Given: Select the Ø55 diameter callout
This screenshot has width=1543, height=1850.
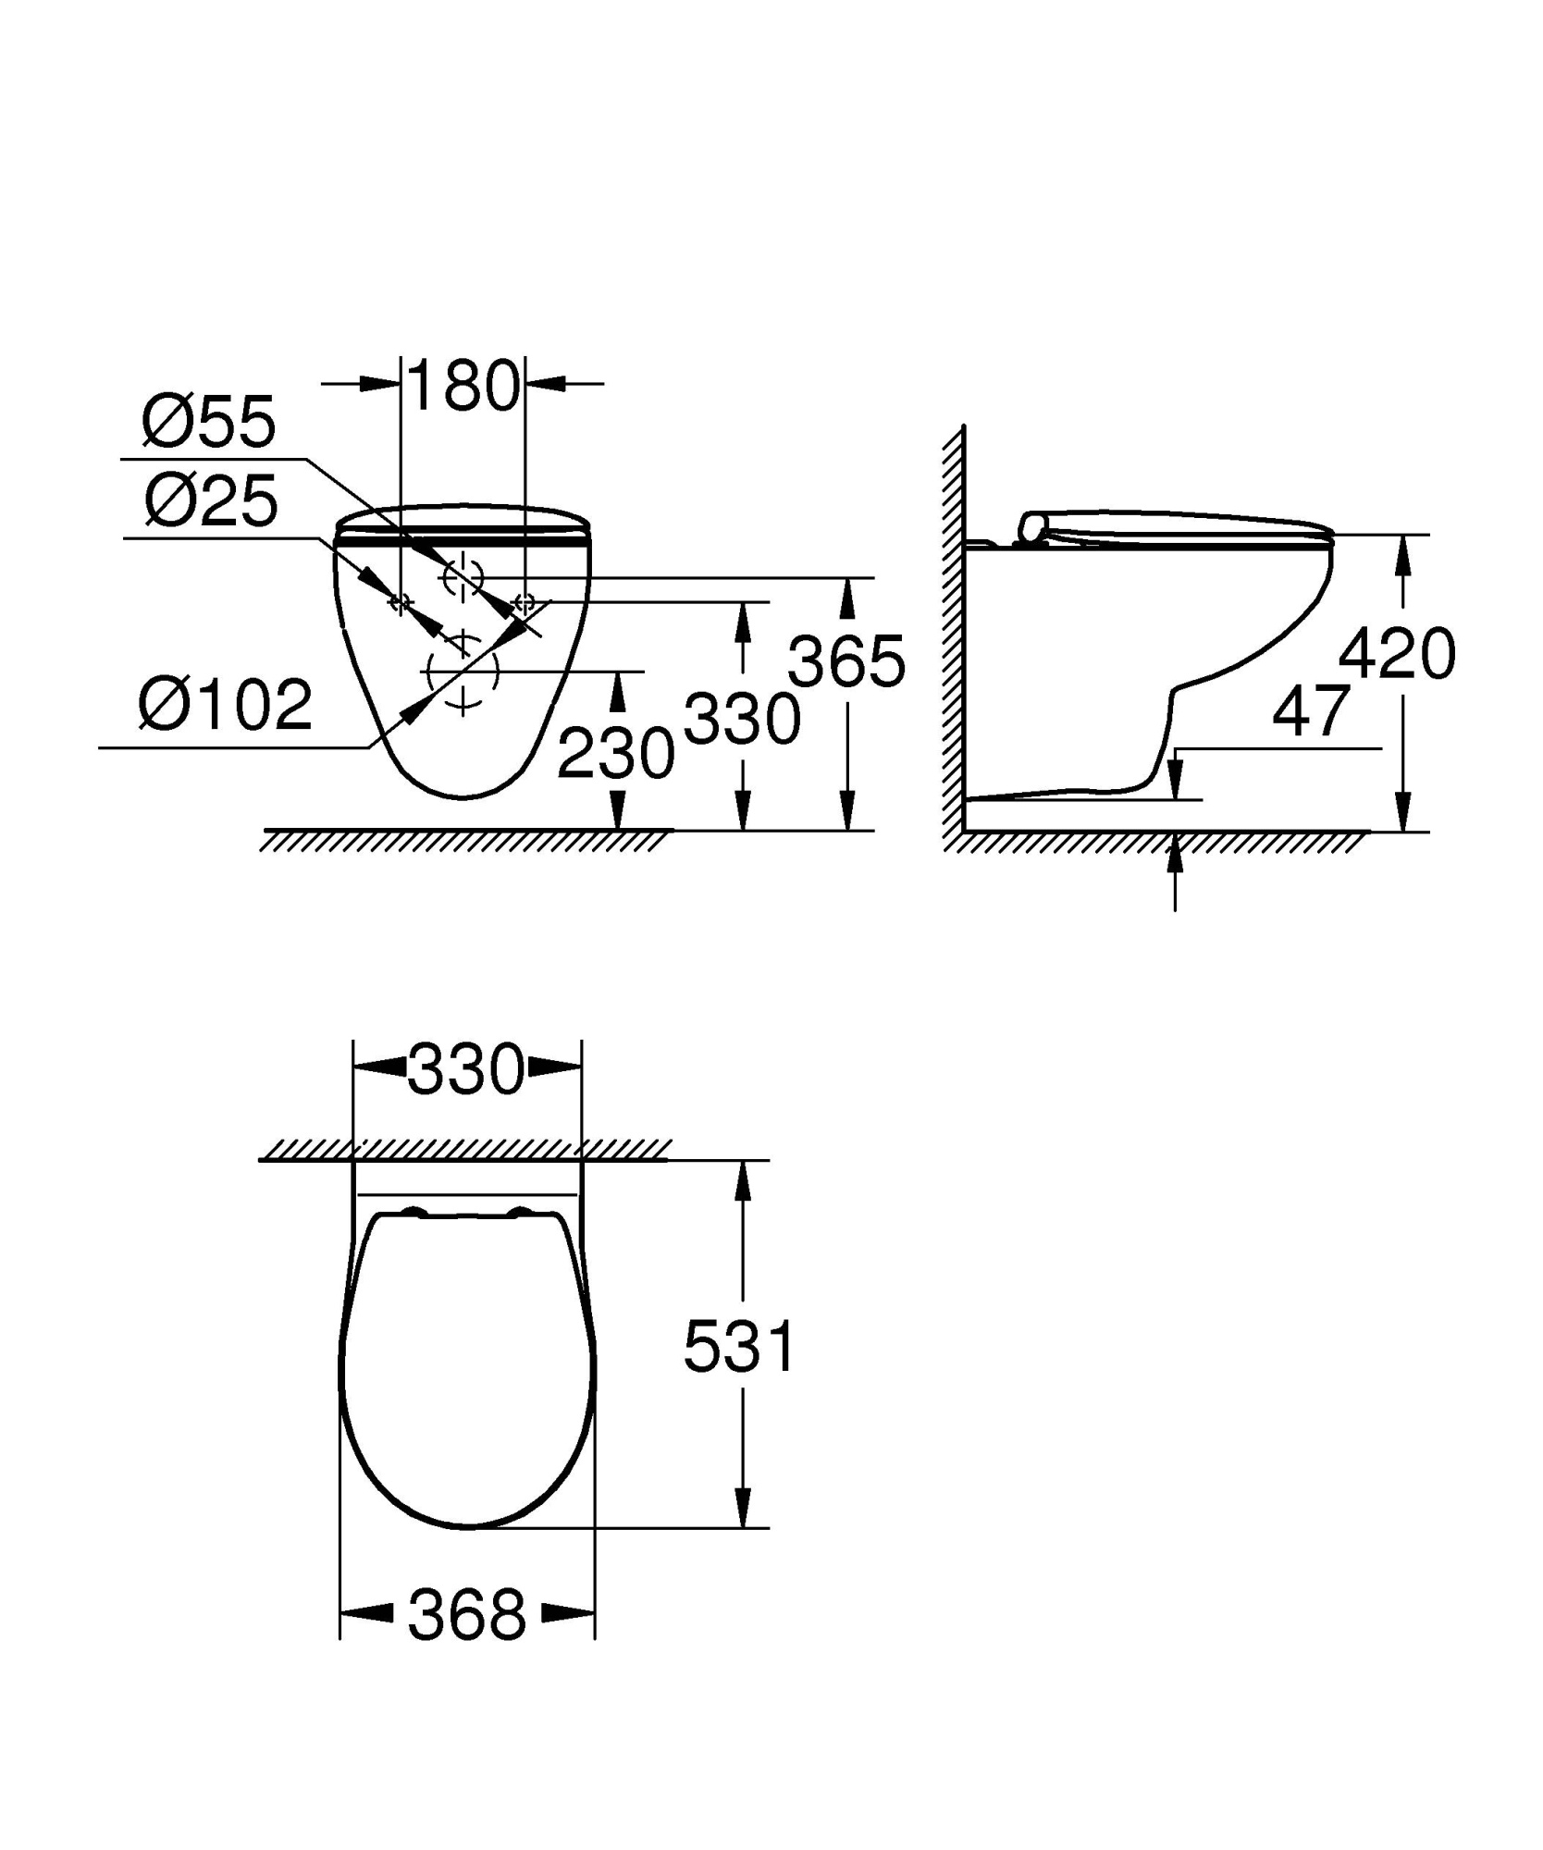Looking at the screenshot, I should click(209, 423).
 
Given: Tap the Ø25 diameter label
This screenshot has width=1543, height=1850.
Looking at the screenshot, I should click(211, 501).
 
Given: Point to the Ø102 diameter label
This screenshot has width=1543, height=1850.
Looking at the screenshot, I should click(225, 705).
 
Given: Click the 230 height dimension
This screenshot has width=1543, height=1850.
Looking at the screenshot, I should click(616, 753).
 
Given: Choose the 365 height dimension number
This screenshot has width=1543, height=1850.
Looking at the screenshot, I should click(846, 662).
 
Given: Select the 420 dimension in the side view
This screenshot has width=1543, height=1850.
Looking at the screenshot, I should click(1397, 654).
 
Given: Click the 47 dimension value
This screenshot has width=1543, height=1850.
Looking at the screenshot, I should click(1311, 712).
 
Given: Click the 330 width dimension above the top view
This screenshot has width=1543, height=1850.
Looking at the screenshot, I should click(466, 1069).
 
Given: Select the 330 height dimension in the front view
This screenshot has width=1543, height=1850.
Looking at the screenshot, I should click(742, 720).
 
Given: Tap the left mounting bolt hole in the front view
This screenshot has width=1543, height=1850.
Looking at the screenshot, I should click(400, 603).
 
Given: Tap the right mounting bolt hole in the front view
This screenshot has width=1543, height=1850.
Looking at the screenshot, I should click(525, 603).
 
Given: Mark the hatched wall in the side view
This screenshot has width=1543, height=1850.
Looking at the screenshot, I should click(953, 629).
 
